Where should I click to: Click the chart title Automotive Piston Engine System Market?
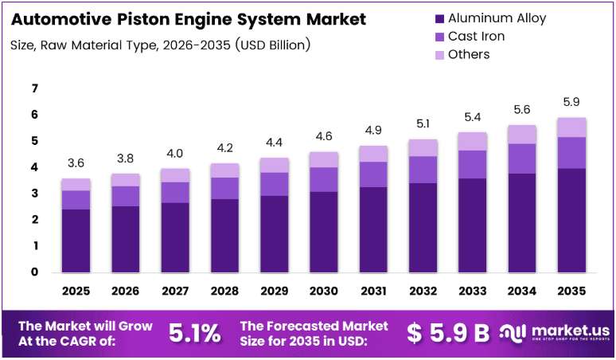click(x=189, y=19)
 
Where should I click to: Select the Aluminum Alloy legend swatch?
click(x=439, y=18)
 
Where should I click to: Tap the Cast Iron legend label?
click(x=476, y=36)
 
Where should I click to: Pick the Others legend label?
click(x=469, y=54)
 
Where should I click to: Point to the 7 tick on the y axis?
click(x=35, y=88)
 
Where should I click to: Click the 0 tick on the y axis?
click(x=35, y=272)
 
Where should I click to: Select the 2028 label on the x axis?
click(x=224, y=291)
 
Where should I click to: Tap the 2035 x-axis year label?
click(x=571, y=291)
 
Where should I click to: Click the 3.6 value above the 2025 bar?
click(x=76, y=162)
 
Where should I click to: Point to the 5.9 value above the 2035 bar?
click(x=571, y=102)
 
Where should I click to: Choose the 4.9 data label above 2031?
click(x=373, y=130)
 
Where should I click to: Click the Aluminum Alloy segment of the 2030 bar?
click(x=324, y=232)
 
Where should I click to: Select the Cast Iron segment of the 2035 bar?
click(x=571, y=153)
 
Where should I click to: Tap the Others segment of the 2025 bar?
click(x=76, y=185)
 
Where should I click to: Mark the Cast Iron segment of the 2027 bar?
click(x=175, y=193)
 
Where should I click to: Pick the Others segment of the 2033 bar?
click(x=472, y=142)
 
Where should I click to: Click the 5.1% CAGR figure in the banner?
click(x=194, y=333)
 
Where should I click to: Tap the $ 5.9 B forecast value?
click(x=448, y=333)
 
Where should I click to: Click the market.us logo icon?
click(x=513, y=333)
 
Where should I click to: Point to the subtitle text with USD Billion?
click(x=160, y=45)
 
